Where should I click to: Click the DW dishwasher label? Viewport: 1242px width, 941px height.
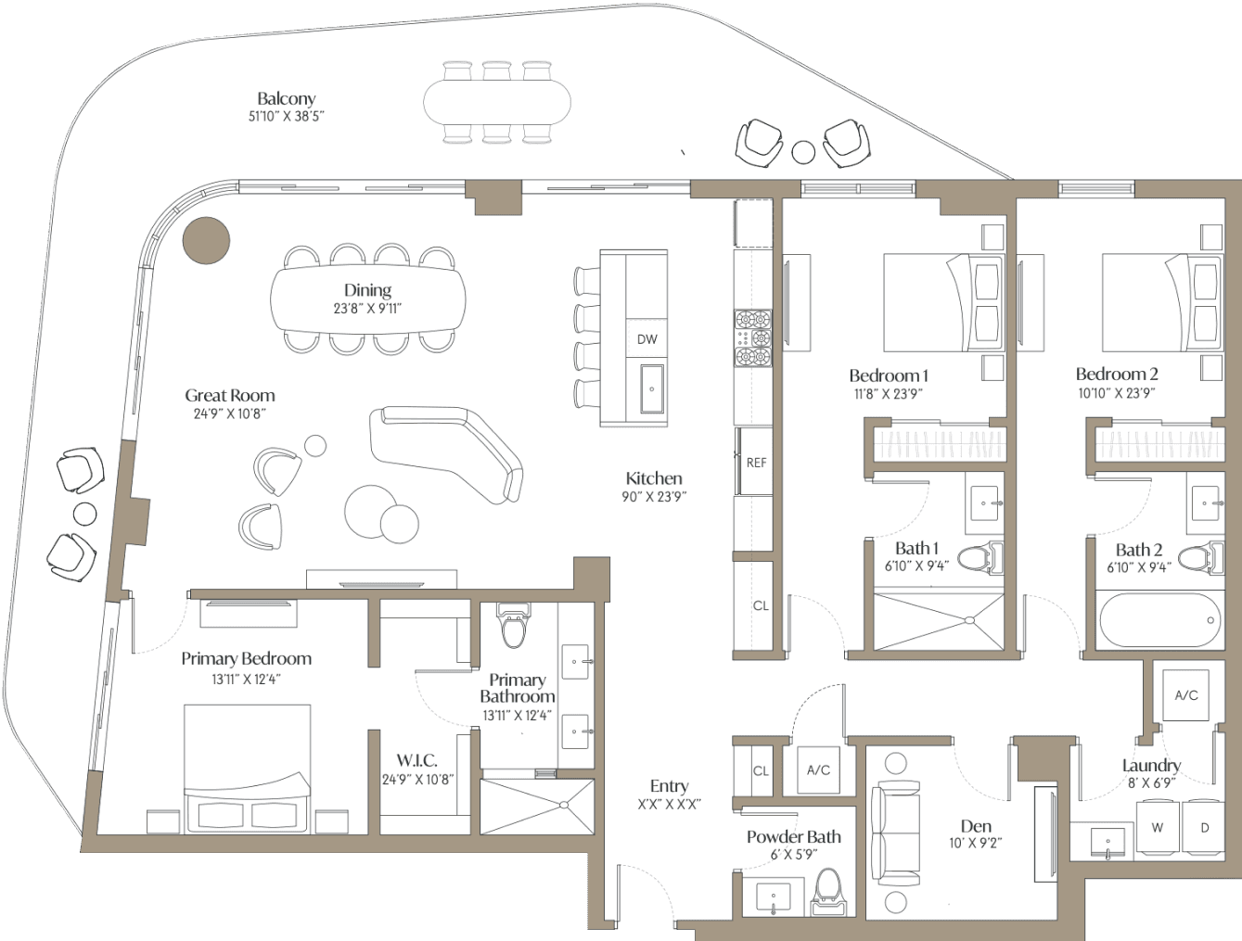(647, 339)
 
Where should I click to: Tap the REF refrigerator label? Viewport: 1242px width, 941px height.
(756, 463)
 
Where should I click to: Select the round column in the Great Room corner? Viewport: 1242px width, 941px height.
(207, 240)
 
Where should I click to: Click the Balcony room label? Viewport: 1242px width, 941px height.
(287, 98)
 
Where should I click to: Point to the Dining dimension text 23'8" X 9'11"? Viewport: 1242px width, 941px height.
(368, 308)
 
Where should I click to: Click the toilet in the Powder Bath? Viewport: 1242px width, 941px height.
(827, 892)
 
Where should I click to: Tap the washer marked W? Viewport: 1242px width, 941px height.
(1158, 829)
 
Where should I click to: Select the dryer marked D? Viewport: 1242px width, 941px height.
(1205, 829)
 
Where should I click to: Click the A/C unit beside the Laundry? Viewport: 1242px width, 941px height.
(1186, 695)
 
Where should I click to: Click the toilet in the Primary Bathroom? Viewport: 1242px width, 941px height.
(514, 625)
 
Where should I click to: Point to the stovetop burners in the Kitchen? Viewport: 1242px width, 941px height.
(753, 338)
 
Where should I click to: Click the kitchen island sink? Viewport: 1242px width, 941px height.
(652, 388)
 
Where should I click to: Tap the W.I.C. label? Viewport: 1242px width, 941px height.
(417, 760)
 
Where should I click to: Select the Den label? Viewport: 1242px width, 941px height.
(976, 826)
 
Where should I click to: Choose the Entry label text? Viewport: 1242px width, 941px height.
(670, 786)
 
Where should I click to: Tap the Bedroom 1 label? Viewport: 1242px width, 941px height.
(889, 375)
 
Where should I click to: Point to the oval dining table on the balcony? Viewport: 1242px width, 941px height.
(497, 102)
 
